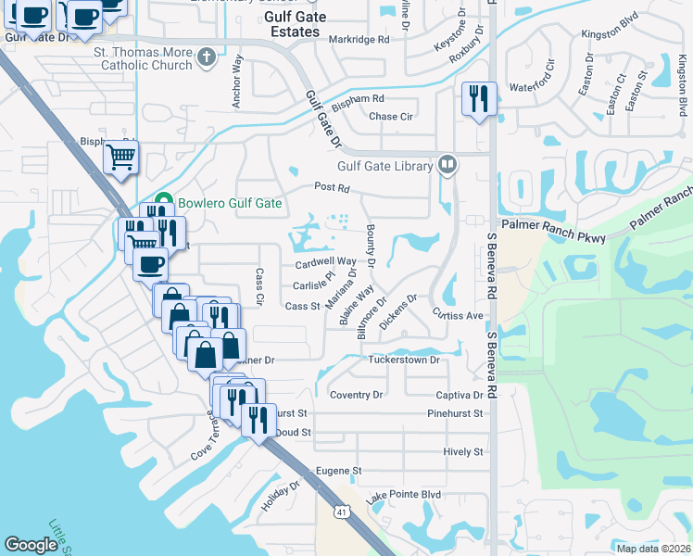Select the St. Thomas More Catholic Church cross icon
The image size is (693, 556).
(x=207, y=58)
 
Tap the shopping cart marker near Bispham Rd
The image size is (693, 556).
(x=120, y=158)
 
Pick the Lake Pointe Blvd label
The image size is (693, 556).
(x=403, y=495)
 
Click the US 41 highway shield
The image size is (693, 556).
(x=343, y=512)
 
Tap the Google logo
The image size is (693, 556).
(x=31, y=545)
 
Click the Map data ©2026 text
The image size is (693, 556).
(x=653, y=549)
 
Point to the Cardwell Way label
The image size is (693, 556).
(x=325, y=263)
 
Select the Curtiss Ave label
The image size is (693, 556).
(x=459, y=315)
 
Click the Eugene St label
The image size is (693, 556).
(x=337, y=472)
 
